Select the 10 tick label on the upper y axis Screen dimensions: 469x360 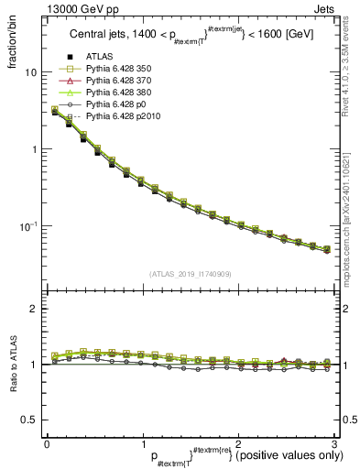coord(30,72)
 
